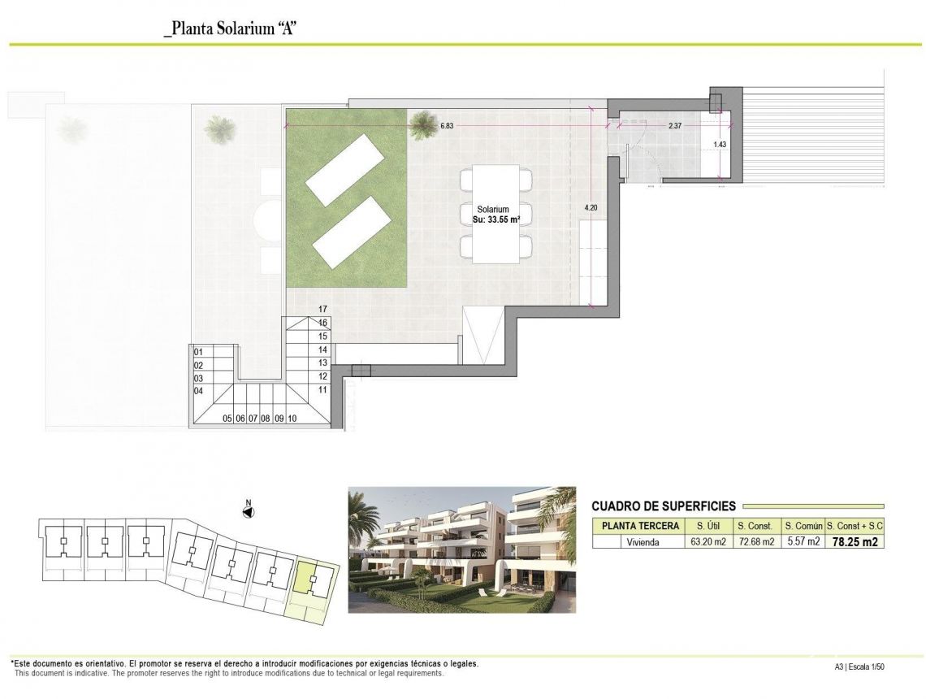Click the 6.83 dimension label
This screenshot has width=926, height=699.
tap(447, 126)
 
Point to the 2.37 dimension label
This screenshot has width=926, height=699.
tap(675, 126)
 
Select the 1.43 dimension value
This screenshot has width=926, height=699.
tap(719, 145)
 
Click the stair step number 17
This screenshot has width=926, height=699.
tap(322, 309)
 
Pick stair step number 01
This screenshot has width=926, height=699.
tap(197, 352)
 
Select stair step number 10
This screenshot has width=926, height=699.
tap(292, 419)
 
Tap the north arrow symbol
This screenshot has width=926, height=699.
tap(249, 511)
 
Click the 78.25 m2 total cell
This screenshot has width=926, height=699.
tap(855, 542)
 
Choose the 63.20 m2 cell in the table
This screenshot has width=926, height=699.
tap(707, 542)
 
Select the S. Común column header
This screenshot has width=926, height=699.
tap(802, 526)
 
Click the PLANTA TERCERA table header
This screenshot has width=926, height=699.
tap(640, 526)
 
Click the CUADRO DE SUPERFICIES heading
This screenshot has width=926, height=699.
tap(664, 506)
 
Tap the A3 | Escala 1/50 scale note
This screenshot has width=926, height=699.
tap(859, 667)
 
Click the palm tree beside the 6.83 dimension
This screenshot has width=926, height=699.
tap(422, 124)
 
